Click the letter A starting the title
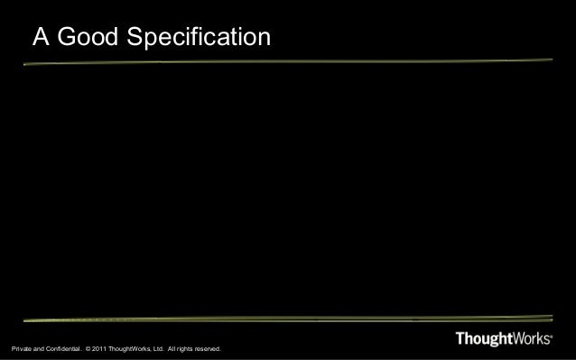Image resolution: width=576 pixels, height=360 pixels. (42, 37)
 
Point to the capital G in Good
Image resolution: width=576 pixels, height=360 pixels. (67, 37)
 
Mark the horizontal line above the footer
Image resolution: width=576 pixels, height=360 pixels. (288, 318)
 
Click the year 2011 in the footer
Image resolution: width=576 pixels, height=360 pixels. (101, 349)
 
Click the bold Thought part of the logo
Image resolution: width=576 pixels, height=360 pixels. (486, 339)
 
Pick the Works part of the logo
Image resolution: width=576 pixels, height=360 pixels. (534, 339)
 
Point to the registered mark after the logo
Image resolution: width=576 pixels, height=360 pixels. (553, 335)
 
